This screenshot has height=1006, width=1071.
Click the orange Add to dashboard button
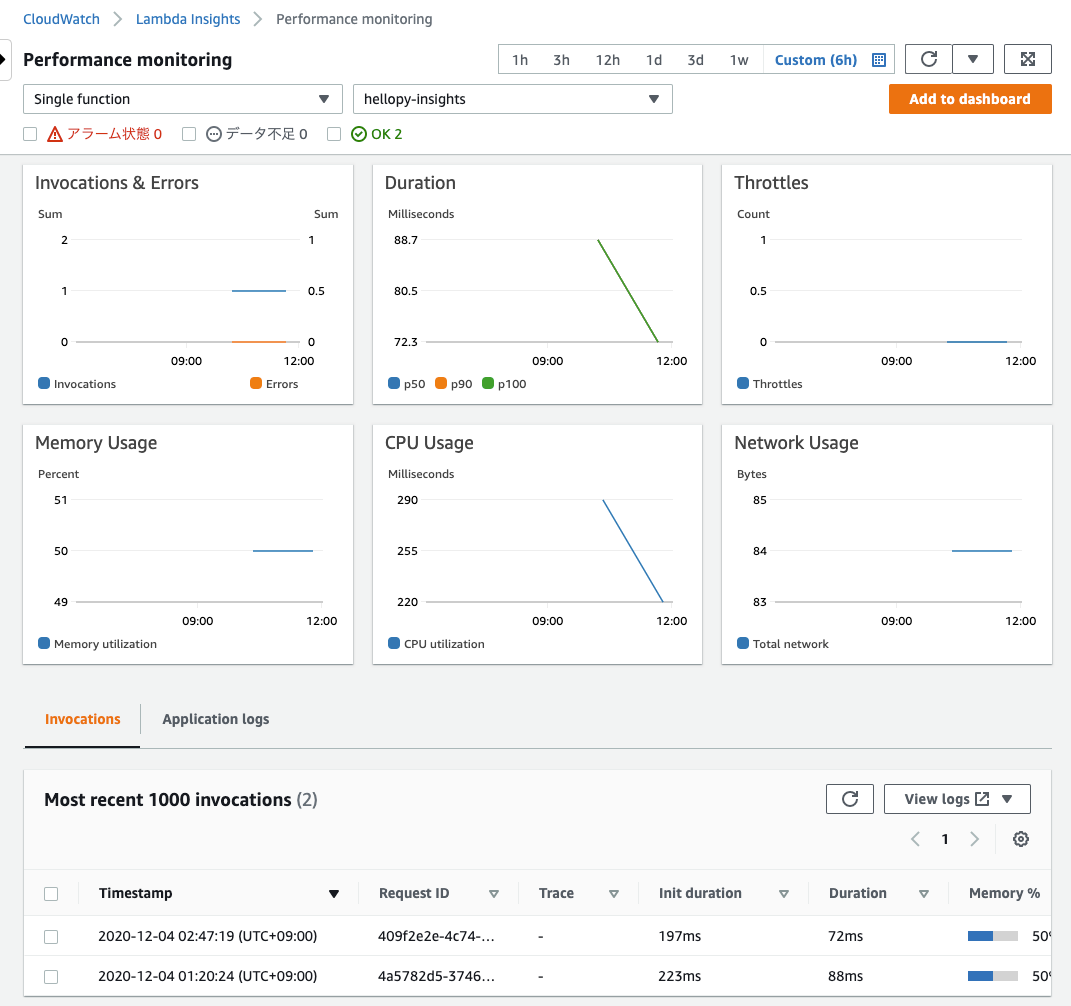969,99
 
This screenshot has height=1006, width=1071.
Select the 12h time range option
607,60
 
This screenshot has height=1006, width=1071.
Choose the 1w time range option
738,60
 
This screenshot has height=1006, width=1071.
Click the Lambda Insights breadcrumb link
188,19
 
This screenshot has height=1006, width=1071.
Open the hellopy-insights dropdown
512,99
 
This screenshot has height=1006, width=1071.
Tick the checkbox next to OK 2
334,134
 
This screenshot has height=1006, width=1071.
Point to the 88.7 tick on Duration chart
406,240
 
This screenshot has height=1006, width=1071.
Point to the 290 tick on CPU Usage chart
406,500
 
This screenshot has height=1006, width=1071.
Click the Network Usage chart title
796,443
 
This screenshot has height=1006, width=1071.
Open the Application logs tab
215,719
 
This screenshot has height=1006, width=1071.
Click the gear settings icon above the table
1020,839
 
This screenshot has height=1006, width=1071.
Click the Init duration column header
700,893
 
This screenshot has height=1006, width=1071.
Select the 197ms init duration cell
680,937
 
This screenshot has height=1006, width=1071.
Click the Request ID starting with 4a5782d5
436,976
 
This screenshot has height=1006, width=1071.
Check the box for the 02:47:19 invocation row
51,937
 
